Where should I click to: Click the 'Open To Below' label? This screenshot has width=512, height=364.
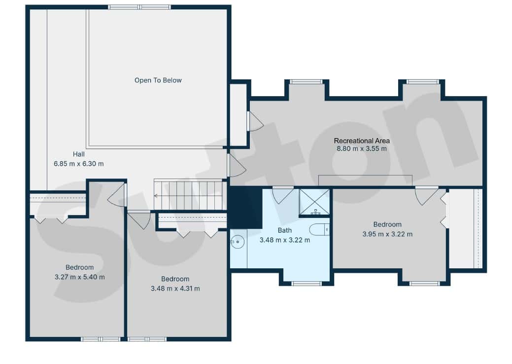pyautogui.click(x=158, y=80)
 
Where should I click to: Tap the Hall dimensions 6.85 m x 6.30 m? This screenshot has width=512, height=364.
pyautogui.click(x=79, y=164)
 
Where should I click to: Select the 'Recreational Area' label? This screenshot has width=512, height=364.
pyautogui.click(x=362, y=141)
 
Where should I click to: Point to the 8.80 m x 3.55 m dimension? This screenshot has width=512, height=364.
pyautogui.click(x=362, y=148)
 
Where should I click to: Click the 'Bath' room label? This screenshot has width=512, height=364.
pyautogui.click(x=285, y=230)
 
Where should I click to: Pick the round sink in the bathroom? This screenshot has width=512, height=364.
pyautogui.click(x=238, y=242)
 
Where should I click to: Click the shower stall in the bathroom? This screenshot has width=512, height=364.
pyautogui.click(x=314, y=202)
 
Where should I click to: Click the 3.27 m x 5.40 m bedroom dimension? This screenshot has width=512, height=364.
pyautogui.click(x=80, y=277)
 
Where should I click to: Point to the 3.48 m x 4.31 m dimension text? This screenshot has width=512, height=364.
pyautogui.click(x=175, y=289)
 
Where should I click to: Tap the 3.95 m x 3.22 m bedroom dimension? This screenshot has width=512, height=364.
pyautogui.click(x=387, y=234)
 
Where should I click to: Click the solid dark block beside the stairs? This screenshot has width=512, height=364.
pyautogui.click(x=245, y=208)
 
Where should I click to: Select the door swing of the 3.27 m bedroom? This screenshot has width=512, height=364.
pyautogui.click(x=116, y=195)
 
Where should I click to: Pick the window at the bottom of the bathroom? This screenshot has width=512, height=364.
pyautogui.click(x=307, y=284)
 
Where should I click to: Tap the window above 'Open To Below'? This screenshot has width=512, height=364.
pyautogui.click(x=139, y=7)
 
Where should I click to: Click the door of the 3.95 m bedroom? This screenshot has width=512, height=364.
pyautogui.click(x=426, y=196)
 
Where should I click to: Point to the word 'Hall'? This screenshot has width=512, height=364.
pyautogui.click(x=79, y=154)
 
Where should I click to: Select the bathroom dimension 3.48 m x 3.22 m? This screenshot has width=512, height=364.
pyautogui.click(x=285, y=240)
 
